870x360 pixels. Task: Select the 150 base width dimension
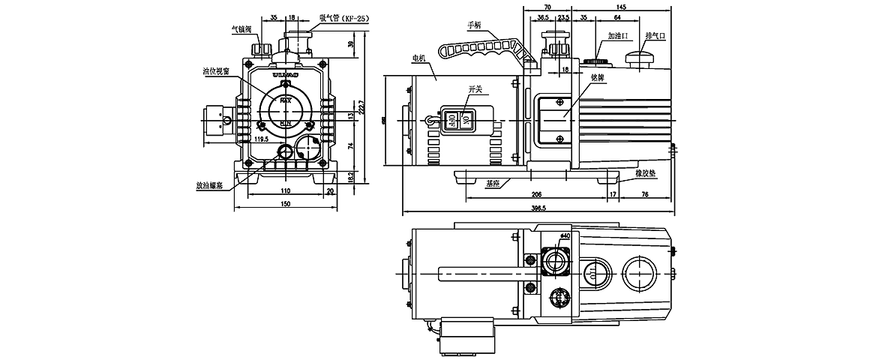pos(286,204)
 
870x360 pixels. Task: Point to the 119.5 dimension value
pos(262,139)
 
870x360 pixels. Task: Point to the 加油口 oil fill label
pos(618,35)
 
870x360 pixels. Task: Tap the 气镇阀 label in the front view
pos(242,31)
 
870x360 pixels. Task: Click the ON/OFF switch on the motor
pos(457,119)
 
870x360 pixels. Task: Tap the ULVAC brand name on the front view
pos(286,75)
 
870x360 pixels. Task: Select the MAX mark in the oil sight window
pos(286,98)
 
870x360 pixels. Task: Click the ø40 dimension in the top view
pos(565,235)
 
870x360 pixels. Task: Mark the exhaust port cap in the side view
pos(641,57)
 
